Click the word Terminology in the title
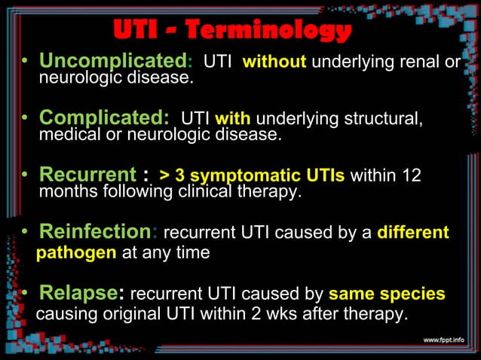pos(268,30)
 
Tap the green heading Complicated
pos(103,118)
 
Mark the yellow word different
pos(412,233)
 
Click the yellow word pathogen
pos(76,252)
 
